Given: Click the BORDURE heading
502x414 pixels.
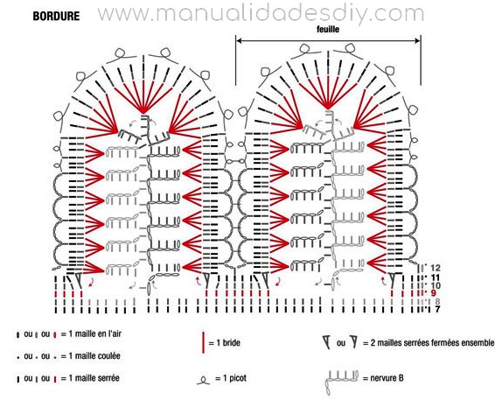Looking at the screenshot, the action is click(56, 17).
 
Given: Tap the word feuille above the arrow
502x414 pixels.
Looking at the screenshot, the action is click(327, 30).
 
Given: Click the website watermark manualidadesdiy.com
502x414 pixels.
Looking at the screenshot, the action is click(261, 14).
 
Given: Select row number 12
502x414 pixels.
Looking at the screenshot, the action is click(436, 268).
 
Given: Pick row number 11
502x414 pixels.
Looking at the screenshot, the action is click(436, 277).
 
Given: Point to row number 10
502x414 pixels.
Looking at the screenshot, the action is click(436, 285).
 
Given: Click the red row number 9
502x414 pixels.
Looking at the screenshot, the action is click(434, 293).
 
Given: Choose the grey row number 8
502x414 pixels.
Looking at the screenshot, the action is click(437, 301).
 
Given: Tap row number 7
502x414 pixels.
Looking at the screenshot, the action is click(437, 310).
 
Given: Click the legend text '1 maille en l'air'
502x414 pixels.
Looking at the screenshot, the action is click(95, 333).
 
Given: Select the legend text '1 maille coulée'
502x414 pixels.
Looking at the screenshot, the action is click(94, 356).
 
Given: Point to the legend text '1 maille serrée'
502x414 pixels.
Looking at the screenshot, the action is click(94, 378).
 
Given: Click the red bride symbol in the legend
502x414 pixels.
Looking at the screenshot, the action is click(203, 343).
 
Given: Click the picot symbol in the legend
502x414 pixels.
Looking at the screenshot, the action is click(203, 381).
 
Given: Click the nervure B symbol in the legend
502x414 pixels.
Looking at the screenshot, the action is click(341, 380).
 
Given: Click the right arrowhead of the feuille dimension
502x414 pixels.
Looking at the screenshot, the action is click(418, 40).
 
